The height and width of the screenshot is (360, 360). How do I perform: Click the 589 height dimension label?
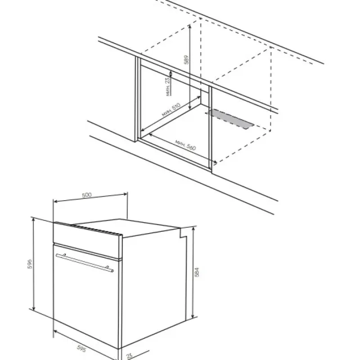coord(186,60)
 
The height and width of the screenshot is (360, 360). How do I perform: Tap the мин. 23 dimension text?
coord(168,87)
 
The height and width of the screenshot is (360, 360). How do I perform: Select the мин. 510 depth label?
coord(171,110)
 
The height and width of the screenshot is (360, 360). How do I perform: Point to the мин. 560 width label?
coord(186,145)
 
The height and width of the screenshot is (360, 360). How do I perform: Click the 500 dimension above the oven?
coord(87,195)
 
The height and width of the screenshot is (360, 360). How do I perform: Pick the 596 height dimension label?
coord(29,264)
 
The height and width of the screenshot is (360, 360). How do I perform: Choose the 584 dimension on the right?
coord(197,272)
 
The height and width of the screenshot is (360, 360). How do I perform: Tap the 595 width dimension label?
coord(81,348)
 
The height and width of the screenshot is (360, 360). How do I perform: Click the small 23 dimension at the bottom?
coord(130,356)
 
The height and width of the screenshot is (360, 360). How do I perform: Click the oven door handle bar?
coord(85,263)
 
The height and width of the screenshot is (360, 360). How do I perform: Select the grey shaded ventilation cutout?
coord(230,119)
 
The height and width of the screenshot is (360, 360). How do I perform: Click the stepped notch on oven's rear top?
coord(183,232)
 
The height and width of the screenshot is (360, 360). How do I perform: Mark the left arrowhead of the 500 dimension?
coord(55,202)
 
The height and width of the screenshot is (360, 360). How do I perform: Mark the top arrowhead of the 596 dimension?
coord(34,220)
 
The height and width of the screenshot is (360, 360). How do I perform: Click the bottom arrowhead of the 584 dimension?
coord(193,316)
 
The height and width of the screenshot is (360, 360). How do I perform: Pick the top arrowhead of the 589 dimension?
coord(189,27)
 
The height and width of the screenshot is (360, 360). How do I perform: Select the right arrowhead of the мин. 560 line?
coord(215,162)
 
